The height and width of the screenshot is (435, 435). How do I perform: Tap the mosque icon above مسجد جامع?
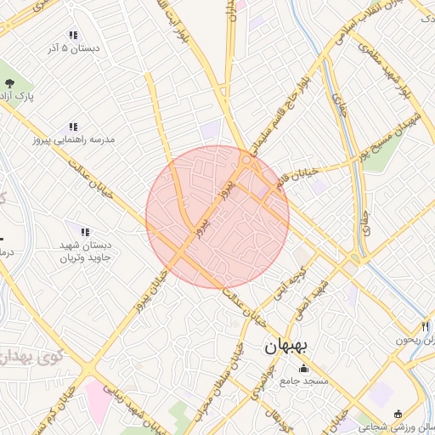[305, 368]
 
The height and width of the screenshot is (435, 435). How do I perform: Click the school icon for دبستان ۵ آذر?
[74, 36]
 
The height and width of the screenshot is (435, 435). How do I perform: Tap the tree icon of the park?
[9, 83]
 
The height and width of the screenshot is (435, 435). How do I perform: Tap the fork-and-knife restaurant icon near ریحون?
[425, 325]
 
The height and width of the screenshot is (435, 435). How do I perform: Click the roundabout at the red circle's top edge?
[247, 159]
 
